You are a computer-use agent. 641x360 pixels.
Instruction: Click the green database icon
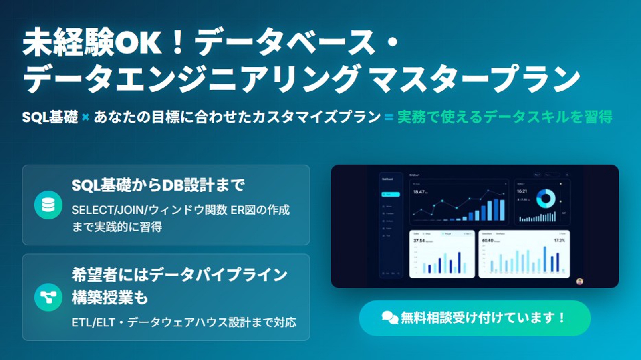point(48,205)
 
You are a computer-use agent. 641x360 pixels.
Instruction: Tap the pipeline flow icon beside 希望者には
point(48,297)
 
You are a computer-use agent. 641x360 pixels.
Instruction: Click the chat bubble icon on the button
point(389,318)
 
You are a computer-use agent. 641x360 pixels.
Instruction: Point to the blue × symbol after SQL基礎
point(85,117)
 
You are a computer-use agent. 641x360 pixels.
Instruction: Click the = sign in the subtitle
point(389,117)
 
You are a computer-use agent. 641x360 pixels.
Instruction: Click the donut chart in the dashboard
point(546,198)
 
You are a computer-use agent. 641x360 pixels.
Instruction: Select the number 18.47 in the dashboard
point(419,192)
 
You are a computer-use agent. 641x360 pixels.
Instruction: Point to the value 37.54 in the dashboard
point(419,241)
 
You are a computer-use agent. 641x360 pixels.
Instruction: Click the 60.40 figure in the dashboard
point(488,241)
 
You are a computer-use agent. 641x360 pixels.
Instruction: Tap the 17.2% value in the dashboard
point(559,241)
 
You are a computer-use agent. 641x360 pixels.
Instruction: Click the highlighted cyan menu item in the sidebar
point(391,195)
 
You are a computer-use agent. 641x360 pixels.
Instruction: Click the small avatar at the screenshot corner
point(579,281)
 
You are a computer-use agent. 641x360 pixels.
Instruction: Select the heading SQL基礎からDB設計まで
point(158,185)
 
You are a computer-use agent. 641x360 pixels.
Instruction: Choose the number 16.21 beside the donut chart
point(522,191)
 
